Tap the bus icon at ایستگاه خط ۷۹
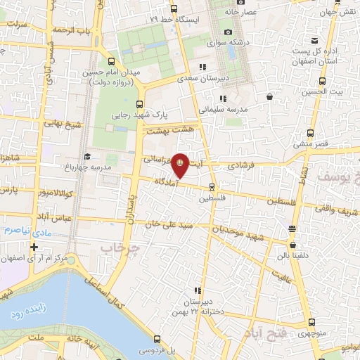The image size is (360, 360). coord(174,8)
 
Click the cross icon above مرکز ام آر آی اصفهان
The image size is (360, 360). coord(33,247)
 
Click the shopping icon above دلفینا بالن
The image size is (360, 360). coord(292,229)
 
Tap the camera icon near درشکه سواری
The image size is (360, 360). coord(227,32)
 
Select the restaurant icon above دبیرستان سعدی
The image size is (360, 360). coord(202,67)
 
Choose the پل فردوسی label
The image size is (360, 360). coord(155,349)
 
